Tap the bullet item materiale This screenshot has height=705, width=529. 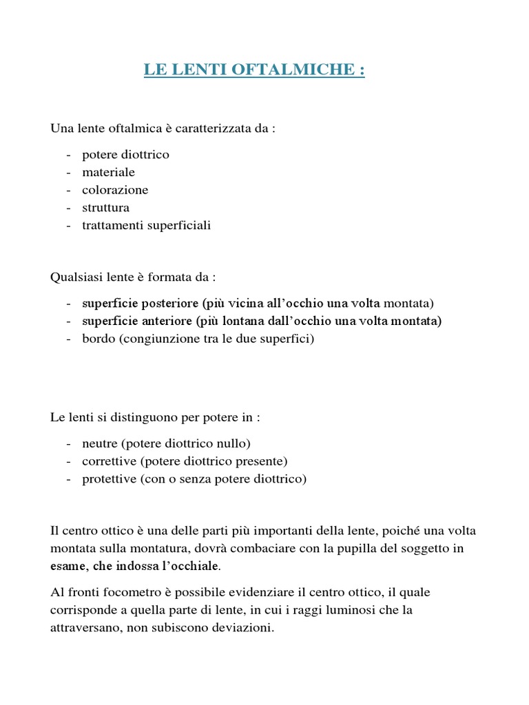(x=109, y=172)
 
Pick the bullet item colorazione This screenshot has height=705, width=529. (x=115, y=190)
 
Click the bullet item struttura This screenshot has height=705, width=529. (x=105, y=208)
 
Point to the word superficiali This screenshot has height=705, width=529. (x=177, y=225)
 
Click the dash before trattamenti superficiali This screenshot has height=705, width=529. (x=69, y=225)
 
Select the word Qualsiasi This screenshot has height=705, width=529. (x=76, y=277)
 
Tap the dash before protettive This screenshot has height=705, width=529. (x=69, y=478)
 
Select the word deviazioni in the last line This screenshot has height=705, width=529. (x=245, y=627)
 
